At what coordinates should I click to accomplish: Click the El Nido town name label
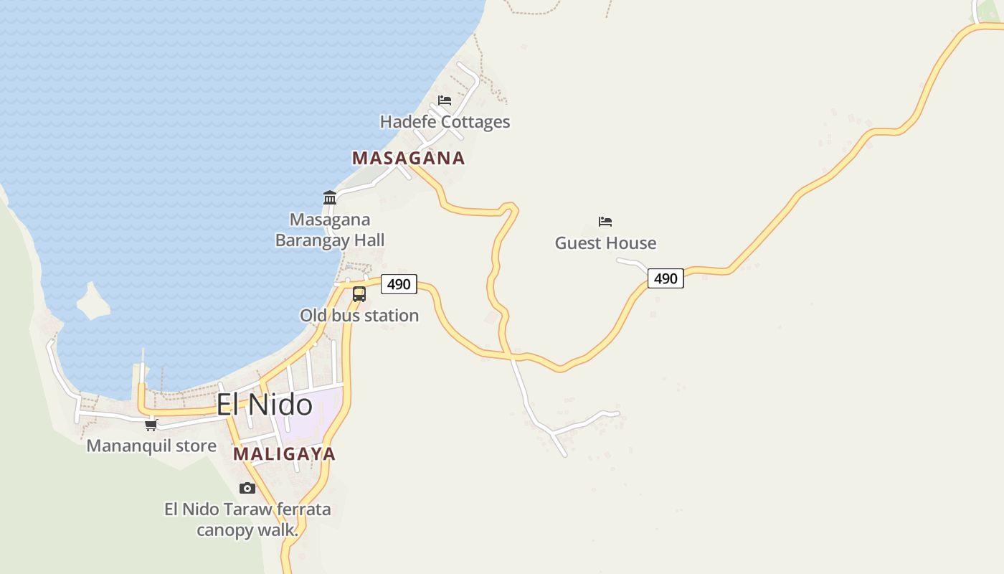pos(265,405)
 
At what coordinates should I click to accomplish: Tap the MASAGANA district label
pos(408,159)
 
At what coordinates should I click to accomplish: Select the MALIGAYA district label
pos(284,454)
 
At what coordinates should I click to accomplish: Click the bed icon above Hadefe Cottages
pos(445,100)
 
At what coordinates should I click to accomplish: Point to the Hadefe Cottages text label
pos(445,122)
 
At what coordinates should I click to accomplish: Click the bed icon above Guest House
pos(605,222)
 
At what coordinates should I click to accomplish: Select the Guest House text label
pos(605,243)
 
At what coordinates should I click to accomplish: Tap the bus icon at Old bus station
pos(359,293)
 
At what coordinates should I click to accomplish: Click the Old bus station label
pos(359,316)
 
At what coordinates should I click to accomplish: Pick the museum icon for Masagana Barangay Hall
pos(330,197)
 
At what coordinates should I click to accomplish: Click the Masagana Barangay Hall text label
pos(330,230)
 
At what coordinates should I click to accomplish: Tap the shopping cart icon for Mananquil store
pos(151,425)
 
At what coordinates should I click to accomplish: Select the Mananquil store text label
pos(151,446)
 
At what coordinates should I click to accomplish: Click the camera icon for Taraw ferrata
pos(247,488)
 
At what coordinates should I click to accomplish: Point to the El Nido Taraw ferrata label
pos(247,510)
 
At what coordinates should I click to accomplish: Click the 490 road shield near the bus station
pos(399,284)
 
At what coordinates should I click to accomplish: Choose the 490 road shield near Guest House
pos(666,278)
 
